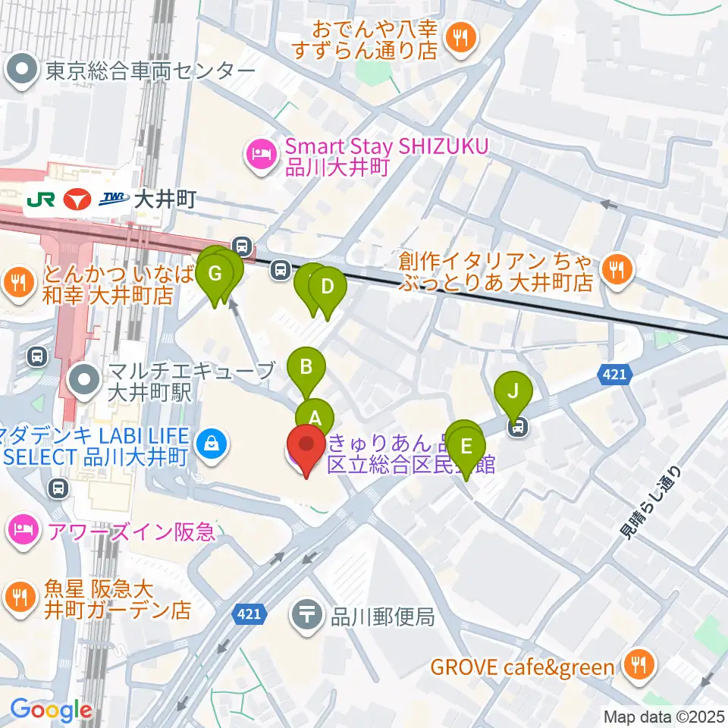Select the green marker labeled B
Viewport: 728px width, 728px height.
[306, 369]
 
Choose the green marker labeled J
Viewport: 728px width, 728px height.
[513, 393]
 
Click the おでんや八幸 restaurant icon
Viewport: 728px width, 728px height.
[461, 37]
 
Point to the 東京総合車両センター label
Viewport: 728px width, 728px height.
[149, 71]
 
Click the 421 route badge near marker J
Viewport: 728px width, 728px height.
[613, 373]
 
